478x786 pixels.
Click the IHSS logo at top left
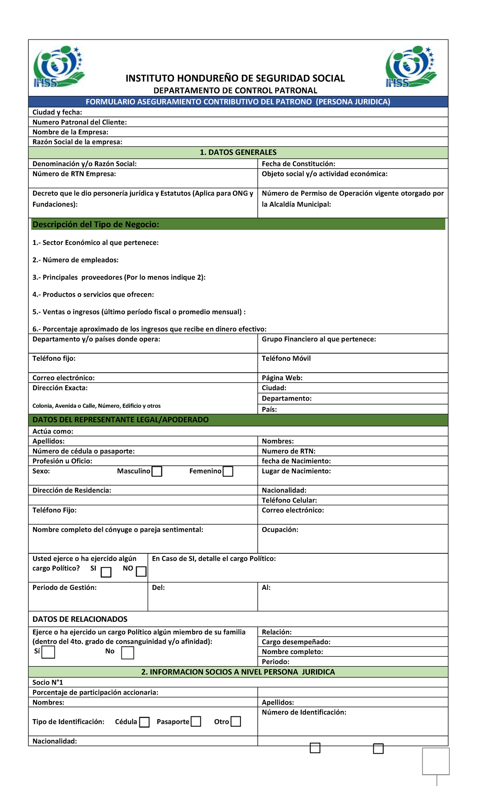point(59,66)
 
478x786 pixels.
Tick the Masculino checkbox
point(157,471)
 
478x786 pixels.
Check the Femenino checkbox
point(228,471)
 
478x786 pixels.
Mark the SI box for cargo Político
point(106,572)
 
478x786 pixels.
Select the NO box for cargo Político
point(141,572)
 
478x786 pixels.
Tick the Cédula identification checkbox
point(144,722)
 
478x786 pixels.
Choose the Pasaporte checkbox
point(196,721)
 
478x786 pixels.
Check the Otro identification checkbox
point(236,721)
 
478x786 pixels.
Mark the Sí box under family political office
point(48,652)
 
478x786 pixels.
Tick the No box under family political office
point(127,653)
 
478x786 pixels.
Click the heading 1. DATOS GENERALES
point(238,152)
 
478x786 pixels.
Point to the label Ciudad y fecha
point(57,112)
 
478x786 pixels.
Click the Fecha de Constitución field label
point(298,164)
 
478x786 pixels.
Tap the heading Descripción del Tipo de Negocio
point(96,224)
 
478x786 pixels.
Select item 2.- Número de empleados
point(75,260)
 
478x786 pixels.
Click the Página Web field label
point(282,378)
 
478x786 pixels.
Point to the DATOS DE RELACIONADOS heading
point(80,619)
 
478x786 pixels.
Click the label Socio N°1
point(48,682)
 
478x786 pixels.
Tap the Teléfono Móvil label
point(286,358)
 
